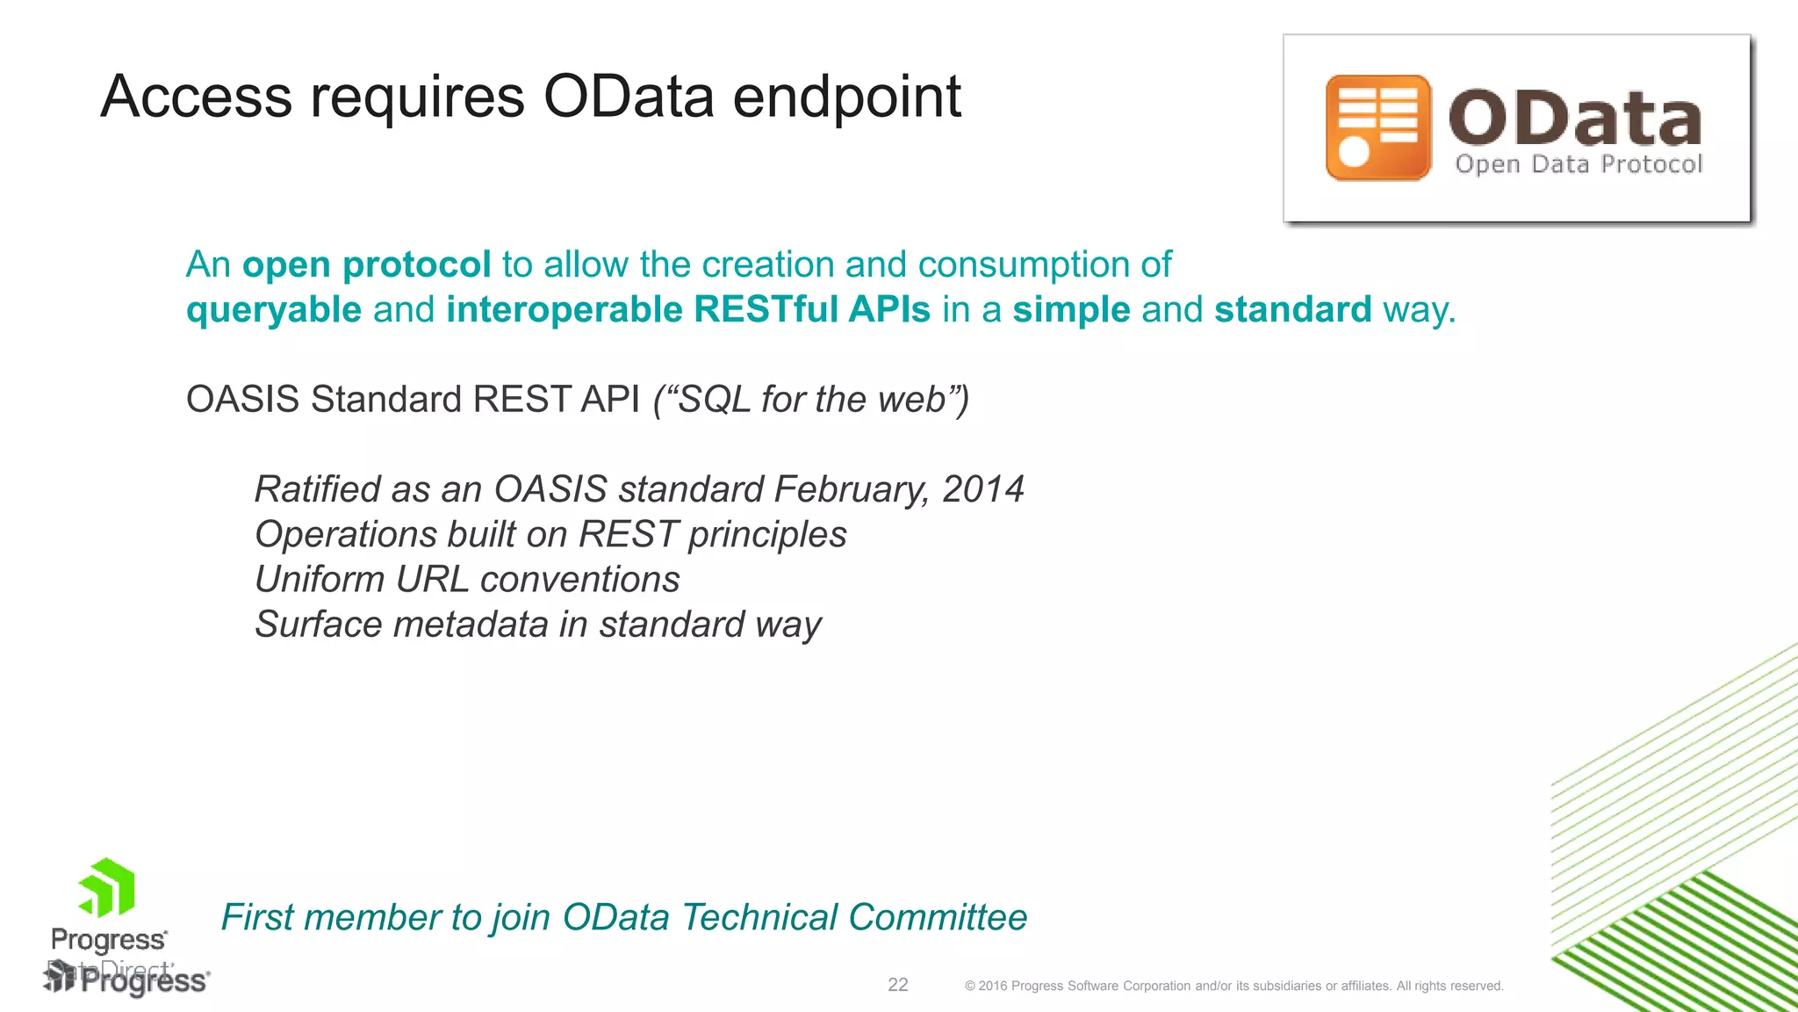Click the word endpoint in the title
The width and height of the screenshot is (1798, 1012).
tap(846, 97)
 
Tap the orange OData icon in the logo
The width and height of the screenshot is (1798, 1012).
tap(1377, 128)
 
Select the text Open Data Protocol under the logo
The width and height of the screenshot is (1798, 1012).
tap(1578, 164)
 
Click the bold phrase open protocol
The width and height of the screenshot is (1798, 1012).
tap(366, 264)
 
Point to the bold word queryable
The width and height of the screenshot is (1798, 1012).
tap(274, 310)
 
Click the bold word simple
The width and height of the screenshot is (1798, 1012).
tap(1070, 310)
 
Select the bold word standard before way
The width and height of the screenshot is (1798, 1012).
tap(1292, 310)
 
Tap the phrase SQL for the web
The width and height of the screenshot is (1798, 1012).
tap(811, 400)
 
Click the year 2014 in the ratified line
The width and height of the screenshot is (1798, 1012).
tap(982, 489)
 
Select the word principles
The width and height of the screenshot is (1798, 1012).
tap(766, 535)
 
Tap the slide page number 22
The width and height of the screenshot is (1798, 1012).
tap(897, 985)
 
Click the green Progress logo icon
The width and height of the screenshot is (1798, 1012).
tap(107, 887)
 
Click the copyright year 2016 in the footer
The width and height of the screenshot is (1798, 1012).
tap(992, 986)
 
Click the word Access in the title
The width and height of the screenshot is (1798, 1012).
tap(196, 97)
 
